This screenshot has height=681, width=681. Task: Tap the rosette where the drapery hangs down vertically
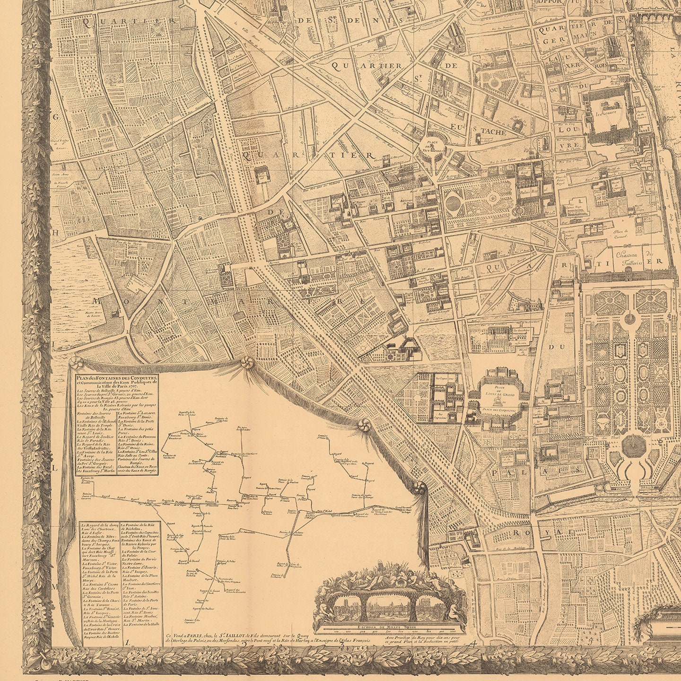(418, 488)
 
